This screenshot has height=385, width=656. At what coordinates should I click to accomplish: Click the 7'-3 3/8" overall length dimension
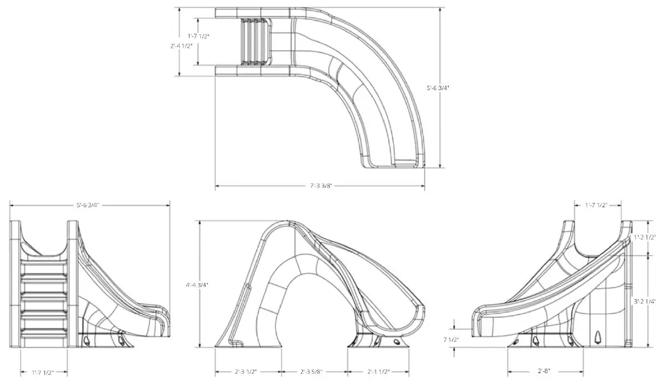[x=320, y=186]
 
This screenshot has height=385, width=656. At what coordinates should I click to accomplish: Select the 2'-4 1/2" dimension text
[x=181, y=46]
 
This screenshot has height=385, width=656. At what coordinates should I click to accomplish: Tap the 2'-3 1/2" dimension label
[x=246, y=372]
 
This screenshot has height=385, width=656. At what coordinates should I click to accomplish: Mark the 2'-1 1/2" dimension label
[x=378, y=372]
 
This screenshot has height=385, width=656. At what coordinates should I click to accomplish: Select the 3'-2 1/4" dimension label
[x=644, y=301]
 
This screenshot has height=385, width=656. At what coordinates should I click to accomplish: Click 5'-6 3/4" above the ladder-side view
[x=88, y=205]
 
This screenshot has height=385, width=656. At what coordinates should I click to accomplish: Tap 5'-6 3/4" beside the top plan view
[x=438, y=88]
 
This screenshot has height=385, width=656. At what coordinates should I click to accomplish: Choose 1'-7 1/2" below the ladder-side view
[x=43, y=372]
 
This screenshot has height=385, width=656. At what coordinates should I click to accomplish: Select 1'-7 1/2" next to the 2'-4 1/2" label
[x=198, y=36]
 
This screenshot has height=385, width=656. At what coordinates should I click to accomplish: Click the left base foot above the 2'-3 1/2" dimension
[x=233, y=341]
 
